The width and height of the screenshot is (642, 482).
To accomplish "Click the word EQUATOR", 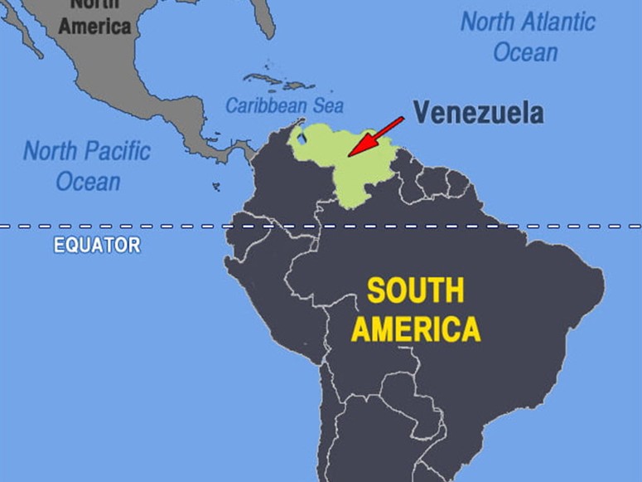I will click(97, 246).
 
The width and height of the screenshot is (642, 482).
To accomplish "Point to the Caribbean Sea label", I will click(284, 106).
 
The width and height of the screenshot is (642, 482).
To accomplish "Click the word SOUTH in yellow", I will click(415, 291).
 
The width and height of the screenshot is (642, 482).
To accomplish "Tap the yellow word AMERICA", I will click(415, 329).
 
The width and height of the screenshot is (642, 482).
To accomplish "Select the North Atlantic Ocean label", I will click(527, 37).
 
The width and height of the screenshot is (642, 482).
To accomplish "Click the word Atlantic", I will click(553, 22).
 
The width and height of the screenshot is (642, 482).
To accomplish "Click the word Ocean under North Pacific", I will click(88, 182).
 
